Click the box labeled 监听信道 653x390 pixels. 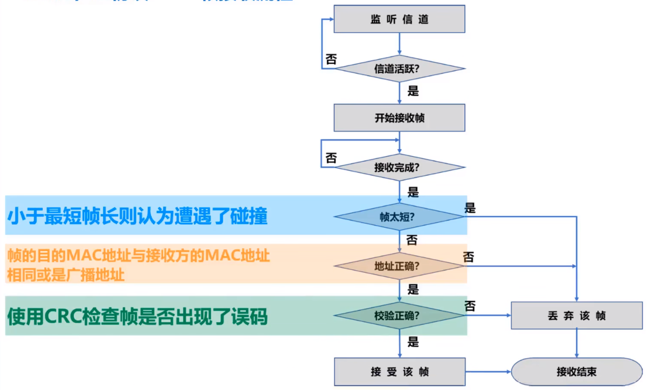[x=399, y=19]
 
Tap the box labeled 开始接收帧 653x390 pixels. [x=399, y=118]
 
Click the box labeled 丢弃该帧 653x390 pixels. [x=576, y=316]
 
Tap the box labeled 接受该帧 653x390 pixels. [x=399, y=372]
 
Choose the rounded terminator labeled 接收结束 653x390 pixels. [x=576, y=372]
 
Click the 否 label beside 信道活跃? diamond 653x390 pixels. [x=331, y=59]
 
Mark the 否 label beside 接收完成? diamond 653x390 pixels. [x=331, y=158]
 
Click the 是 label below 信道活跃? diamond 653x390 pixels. [x=413, y=91]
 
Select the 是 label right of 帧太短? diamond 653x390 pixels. [x=470, y=208]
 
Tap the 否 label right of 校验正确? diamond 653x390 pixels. [x=470, y=306]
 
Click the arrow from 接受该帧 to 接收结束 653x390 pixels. [x=488, y=372]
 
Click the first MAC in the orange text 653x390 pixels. [x=84, y=256]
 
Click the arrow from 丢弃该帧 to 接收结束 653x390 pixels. [x=576, y=343]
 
